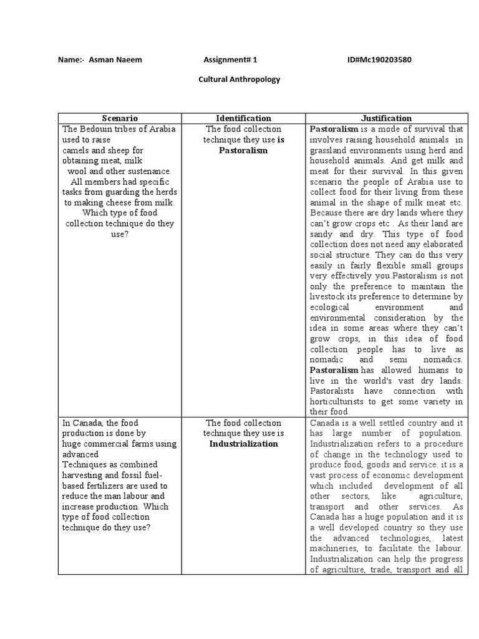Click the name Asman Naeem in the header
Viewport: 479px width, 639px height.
115,60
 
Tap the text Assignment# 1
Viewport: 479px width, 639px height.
230,60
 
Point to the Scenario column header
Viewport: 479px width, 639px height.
119,118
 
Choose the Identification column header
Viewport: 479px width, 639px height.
243,118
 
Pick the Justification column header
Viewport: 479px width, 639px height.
387,118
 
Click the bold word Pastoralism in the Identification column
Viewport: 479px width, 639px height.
243,150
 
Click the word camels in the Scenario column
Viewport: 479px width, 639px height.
75,150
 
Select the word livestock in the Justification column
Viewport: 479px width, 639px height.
328,297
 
